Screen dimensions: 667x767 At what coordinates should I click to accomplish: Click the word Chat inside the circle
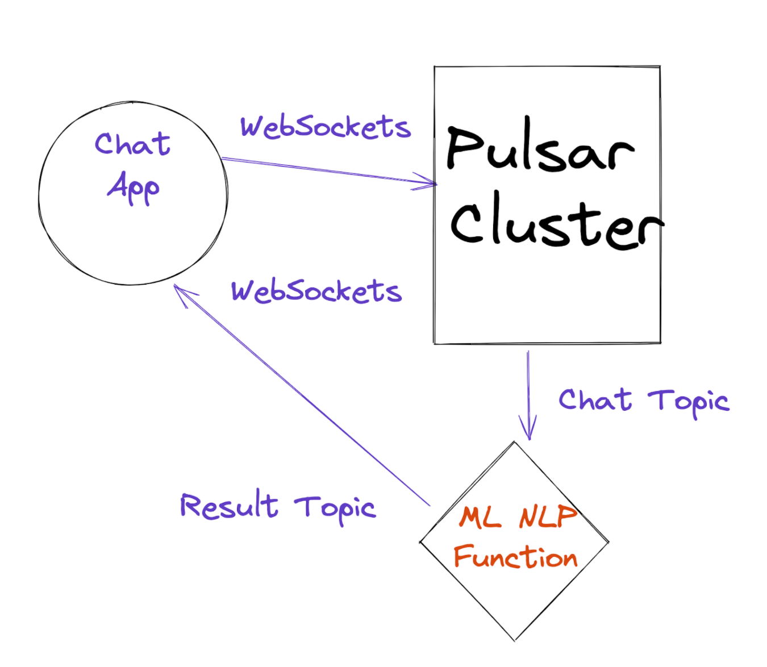tap(132, 144)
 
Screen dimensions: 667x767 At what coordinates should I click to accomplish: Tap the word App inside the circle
tap(134, 187)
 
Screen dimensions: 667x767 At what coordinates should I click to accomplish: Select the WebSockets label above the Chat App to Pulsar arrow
tap(325, 126)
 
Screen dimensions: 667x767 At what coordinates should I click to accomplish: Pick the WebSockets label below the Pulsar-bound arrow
tap(316, 291)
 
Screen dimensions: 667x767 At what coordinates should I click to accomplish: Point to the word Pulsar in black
tap(540, 147)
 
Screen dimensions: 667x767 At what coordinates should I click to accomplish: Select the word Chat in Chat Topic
tap(595, 400)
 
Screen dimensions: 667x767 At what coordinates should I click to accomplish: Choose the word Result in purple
tap(229, 505)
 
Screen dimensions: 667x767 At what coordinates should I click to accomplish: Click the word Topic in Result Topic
tap(335, 507)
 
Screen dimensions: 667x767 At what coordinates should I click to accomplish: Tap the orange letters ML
tap(480, 518)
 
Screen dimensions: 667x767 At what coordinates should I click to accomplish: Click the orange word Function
tap(515, 557)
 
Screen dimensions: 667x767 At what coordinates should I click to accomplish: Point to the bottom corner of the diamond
tap(515, 640)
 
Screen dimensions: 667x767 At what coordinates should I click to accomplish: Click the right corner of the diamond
tap(608, 542)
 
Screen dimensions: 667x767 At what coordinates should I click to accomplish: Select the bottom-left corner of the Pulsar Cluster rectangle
tap(435, 343)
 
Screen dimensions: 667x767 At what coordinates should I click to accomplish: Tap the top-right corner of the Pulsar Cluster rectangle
tap(660, 66)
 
